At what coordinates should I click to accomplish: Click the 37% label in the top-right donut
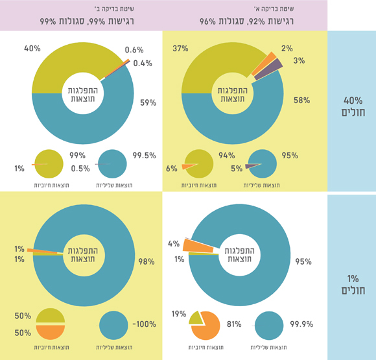tap(181, 49)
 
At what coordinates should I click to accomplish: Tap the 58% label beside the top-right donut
tap(301, 101)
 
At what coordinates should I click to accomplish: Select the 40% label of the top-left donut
tap(33, 49)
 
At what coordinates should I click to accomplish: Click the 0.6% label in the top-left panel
tap(134, 50)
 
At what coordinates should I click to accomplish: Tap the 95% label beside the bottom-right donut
tap(303, 261)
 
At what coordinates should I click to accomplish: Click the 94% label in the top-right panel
tap(227, 156)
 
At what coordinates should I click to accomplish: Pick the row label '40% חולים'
tap(353, 106)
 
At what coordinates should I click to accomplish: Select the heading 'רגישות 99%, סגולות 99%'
tap(82, 20)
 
